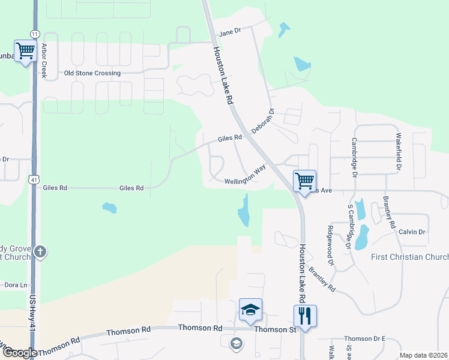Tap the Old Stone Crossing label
[92, 73]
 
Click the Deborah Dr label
[262, 121]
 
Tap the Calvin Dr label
[411, 232]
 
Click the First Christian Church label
[409, 257]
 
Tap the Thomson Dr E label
[364, 339]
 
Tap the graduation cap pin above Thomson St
[250, 309]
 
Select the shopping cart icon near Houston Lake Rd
[304, 179]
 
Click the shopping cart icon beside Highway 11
[25, 50]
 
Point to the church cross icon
[40, 251]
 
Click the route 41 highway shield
[34, 178]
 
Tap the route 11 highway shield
[35, 34]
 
